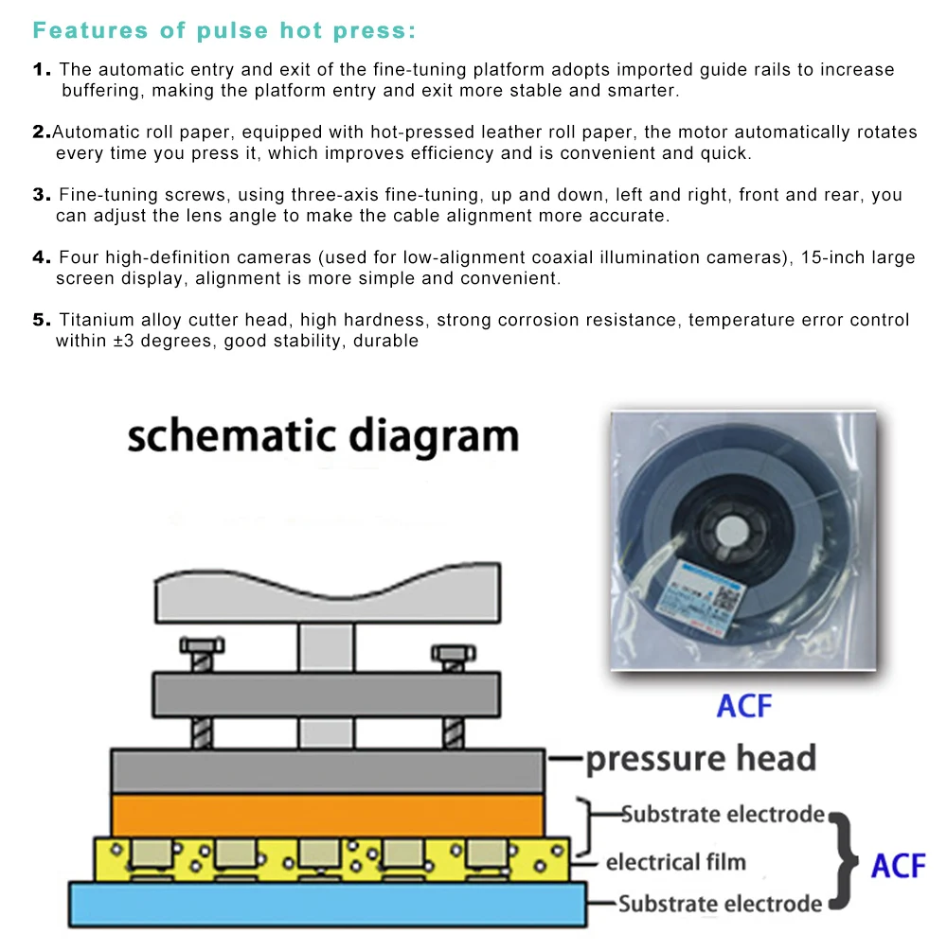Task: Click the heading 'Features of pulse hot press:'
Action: pos(224,30)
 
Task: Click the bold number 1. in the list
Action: pos(42,70)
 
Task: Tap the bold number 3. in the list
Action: pos(42,195)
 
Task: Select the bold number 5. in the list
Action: pos(42,320)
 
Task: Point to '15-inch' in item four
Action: pos(828,257)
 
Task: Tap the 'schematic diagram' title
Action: pos(323,437)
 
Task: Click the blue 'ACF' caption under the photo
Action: pos(744,706)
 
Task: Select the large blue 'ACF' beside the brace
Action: pos(898,864)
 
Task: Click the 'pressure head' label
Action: pos(700,758)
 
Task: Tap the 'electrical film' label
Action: pos(675,862)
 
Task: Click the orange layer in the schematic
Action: pos(328,815)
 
